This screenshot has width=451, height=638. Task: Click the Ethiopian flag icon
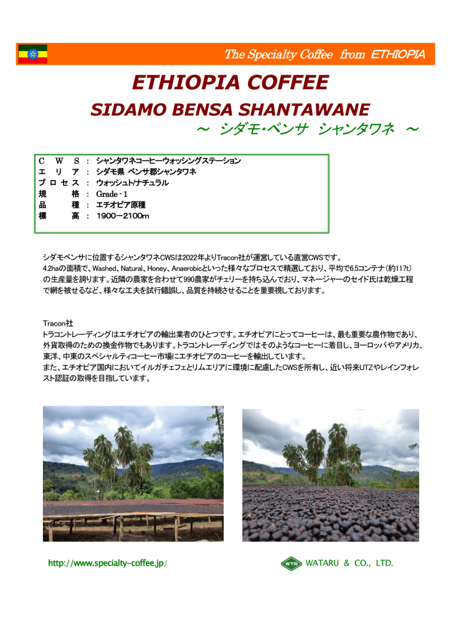pyautogui.click(x=32, y=54)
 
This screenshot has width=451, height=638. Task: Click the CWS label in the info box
pyautogui.click(x=59, y=161)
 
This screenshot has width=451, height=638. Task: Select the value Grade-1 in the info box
pyautogui.click(x=113, y=194)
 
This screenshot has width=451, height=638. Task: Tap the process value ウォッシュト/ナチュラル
pyautogui.click(x=132, y=183)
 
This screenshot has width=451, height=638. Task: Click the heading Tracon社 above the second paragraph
pyautogui.click(x=57, y=323)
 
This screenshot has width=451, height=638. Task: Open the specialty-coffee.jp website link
pyautogui.click(x=107, y=563)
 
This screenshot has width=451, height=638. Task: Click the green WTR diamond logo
pyautogui.click(x=291, y=563)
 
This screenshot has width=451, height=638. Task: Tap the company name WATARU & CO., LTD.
pyautogui.click(x=349, y=563)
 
